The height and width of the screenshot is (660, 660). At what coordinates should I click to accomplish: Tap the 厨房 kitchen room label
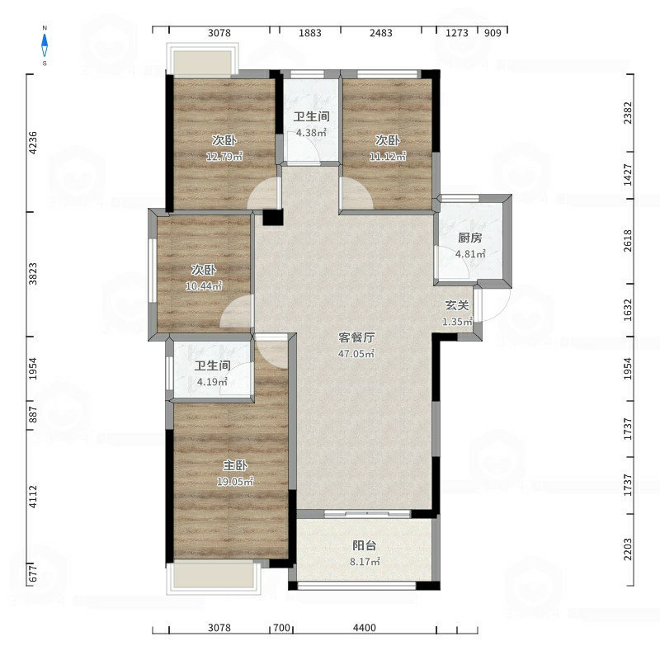469,238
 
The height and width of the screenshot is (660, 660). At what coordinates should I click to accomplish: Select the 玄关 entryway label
457,305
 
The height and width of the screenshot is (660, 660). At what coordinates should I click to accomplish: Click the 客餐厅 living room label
356,337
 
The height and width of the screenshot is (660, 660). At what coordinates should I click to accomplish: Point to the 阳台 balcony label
365,546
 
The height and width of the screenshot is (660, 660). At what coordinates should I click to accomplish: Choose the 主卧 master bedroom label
235,465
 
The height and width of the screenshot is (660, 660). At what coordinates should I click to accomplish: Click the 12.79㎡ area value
224,157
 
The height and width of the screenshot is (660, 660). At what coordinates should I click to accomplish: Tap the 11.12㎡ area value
388,157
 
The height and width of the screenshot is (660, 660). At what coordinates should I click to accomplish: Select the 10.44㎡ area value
204,286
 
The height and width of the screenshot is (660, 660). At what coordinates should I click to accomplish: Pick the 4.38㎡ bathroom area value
312,133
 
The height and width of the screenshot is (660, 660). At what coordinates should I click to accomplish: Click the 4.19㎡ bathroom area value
213,382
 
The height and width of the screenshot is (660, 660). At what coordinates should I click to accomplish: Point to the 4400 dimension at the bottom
365,628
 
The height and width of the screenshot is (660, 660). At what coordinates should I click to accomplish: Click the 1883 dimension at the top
310,33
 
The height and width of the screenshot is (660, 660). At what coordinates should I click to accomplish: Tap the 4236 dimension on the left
33,143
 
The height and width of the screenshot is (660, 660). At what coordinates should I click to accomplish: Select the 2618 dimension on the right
628,241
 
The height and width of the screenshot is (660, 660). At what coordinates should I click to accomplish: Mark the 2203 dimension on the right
628,549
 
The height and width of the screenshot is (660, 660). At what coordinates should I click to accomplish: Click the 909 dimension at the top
493,33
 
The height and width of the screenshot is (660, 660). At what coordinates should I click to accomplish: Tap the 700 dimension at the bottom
281,628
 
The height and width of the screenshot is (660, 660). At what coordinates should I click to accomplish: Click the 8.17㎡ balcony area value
365,562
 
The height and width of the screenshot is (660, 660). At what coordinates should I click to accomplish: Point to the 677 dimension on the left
33,573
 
